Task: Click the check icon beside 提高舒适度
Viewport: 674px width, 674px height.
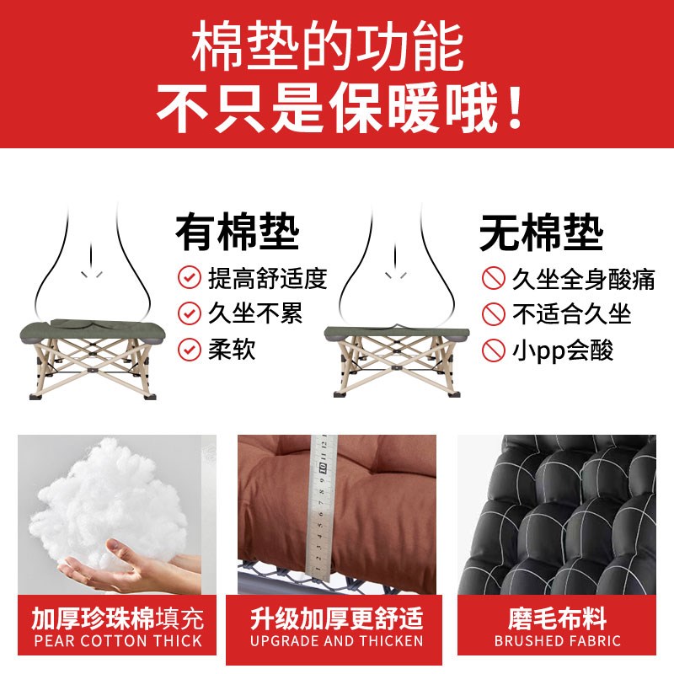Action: pos(189,277)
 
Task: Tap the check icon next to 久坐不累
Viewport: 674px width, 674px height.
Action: pos(189,313)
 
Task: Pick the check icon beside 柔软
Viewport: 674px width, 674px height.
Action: pos(189,350)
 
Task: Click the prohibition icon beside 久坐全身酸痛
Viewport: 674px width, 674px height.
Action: pos(492,277)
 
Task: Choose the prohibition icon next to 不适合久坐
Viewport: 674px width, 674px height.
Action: pos(492,313)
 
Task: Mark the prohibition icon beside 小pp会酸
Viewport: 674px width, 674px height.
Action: pos(492,350)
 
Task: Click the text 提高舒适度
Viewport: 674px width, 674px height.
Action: pos(266,277)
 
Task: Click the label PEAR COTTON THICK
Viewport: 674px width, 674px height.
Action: pos(117,641)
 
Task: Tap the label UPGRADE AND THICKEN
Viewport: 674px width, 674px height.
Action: pos(337,641)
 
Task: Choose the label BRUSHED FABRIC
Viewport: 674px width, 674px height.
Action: pos(557,641)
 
